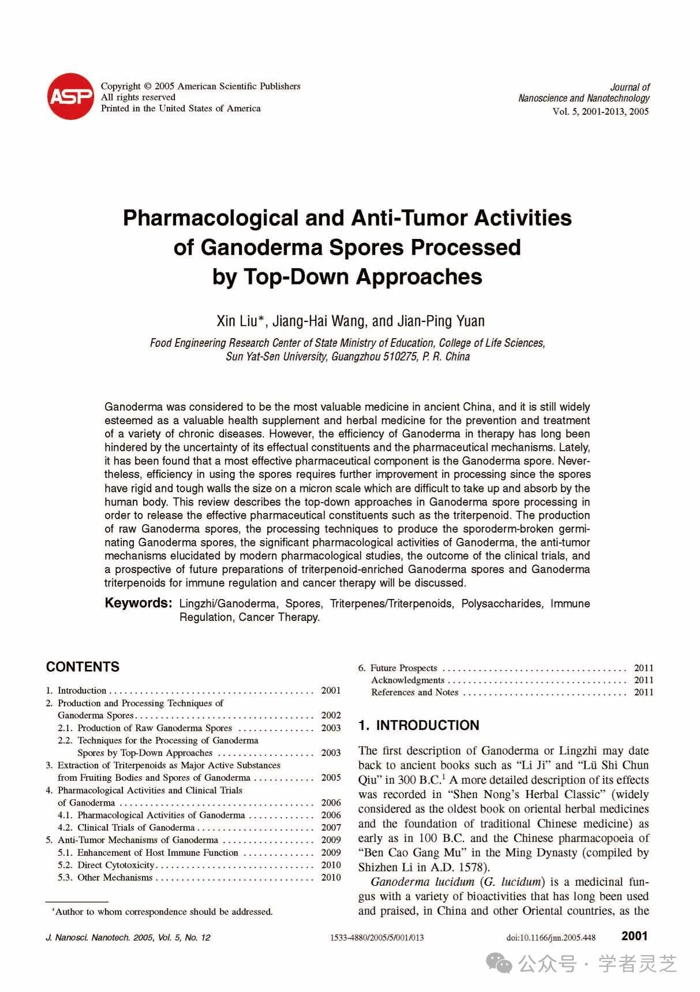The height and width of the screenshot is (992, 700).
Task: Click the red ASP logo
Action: pos(70,96)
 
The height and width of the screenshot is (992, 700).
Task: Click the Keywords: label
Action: pos(138,603)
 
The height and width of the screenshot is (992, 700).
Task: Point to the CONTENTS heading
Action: pos(83,667)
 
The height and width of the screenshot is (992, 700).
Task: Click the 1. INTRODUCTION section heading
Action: pos(418,725)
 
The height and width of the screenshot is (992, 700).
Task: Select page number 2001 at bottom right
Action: pos(634,936)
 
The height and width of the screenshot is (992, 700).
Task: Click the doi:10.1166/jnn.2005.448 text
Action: pos(551,938)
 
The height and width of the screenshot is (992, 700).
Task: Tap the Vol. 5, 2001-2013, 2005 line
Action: pos(600,111)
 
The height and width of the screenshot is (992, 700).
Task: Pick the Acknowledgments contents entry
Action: pos(407,680)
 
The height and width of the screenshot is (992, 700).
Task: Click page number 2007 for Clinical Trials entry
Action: pos(331,828)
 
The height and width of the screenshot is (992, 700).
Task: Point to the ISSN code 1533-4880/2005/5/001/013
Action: pos(376,938)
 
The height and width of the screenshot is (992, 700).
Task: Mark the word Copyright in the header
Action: pos(121,87)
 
